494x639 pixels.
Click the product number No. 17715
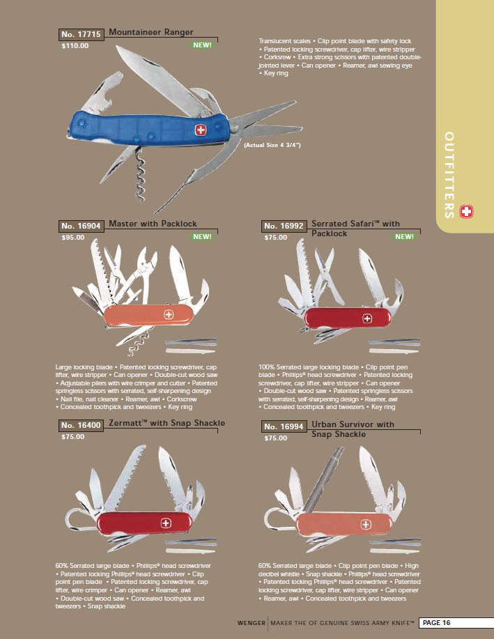click(x=81, y=34)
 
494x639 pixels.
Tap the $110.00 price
click(x=75, y=46)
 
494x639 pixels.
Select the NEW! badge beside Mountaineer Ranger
click(x=202, y=45)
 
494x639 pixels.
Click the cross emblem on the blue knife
click(x=200, y=130)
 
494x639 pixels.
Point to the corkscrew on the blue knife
click(x=140, y=175)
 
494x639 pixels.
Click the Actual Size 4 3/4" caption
click(x=272, y=145)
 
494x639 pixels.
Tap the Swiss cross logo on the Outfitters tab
click(x=466, y=212)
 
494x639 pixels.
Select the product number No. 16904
click(x=81, y=226)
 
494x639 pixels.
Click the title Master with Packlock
click(x=153, y=224)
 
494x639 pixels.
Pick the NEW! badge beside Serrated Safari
click(x=404, y=236)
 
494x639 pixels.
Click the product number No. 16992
click(x=284, y=226)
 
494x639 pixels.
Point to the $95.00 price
click(x=73, y=237)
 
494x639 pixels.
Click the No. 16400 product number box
click(x=81, y=426)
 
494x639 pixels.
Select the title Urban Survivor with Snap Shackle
click(x=353, y=429)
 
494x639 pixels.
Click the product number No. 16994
click(x=284, y=426)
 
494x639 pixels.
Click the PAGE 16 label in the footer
click(x=437, y=623)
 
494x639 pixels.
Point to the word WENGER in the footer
click(x=252, y=623)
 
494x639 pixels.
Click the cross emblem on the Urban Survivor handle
click(x=366, y=525)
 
